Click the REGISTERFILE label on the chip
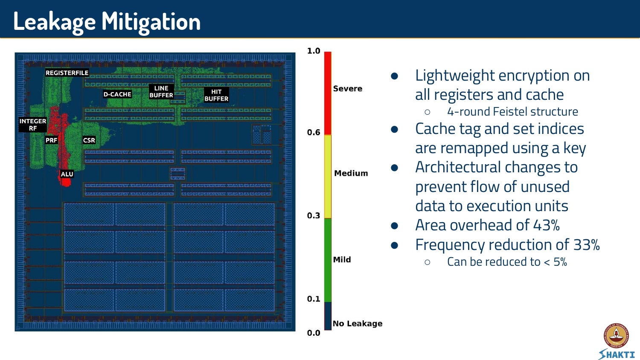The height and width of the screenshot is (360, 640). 67,73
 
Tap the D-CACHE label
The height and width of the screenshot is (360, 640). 117,94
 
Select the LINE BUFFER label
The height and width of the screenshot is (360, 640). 161,92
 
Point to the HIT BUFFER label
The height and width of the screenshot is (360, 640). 216,95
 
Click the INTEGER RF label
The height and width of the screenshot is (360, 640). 33,125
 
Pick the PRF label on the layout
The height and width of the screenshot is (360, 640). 51,140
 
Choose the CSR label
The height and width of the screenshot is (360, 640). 89,140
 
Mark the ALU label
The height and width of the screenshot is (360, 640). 67,174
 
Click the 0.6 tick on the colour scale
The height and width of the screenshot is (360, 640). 314,133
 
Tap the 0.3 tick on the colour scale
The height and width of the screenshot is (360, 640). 314,216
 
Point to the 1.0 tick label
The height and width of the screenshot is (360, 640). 314,51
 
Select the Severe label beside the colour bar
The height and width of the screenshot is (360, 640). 348,89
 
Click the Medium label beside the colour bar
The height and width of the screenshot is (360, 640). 351,173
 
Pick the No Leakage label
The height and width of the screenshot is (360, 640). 358,324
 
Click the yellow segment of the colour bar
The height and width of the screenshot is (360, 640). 328,176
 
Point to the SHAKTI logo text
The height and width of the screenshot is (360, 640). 617,354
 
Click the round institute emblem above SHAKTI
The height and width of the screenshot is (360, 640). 616,335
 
